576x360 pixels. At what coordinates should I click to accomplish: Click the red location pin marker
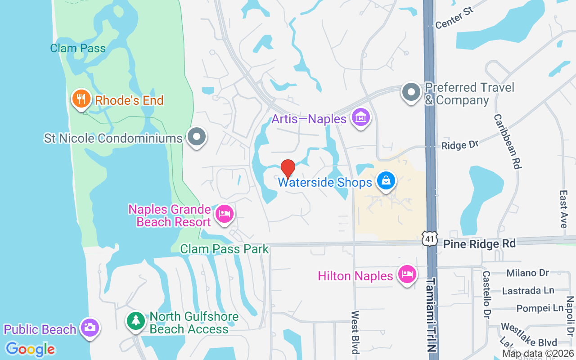click(288, 169)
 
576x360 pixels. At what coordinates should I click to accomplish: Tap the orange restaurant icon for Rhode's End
click(81, 99)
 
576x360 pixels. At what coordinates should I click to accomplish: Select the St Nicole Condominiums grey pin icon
click(196, 137)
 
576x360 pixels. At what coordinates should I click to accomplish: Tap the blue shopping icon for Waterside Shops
click(386, 181)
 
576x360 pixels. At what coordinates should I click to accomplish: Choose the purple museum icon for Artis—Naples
click(361, 118)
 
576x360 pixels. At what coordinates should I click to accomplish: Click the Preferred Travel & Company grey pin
click(411, 92)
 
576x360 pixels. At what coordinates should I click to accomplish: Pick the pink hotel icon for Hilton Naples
click(407, 274)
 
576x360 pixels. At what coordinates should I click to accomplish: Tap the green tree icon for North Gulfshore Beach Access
click(135, 321)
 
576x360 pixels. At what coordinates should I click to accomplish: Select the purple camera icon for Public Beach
click(90, 328)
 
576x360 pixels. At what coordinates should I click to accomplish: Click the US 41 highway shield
click(429, 239)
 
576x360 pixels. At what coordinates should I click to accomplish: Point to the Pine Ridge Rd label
click(479, 244)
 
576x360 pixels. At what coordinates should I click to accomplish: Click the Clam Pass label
click(78, 48)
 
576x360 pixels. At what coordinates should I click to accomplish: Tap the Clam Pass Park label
click(224, 249)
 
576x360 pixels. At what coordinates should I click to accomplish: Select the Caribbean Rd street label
click(508, 141)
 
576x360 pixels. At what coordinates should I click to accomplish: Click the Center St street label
click(455, 20)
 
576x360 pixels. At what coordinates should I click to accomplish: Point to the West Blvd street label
click(355, 332)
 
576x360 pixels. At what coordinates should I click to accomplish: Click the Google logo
click(30, 349)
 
